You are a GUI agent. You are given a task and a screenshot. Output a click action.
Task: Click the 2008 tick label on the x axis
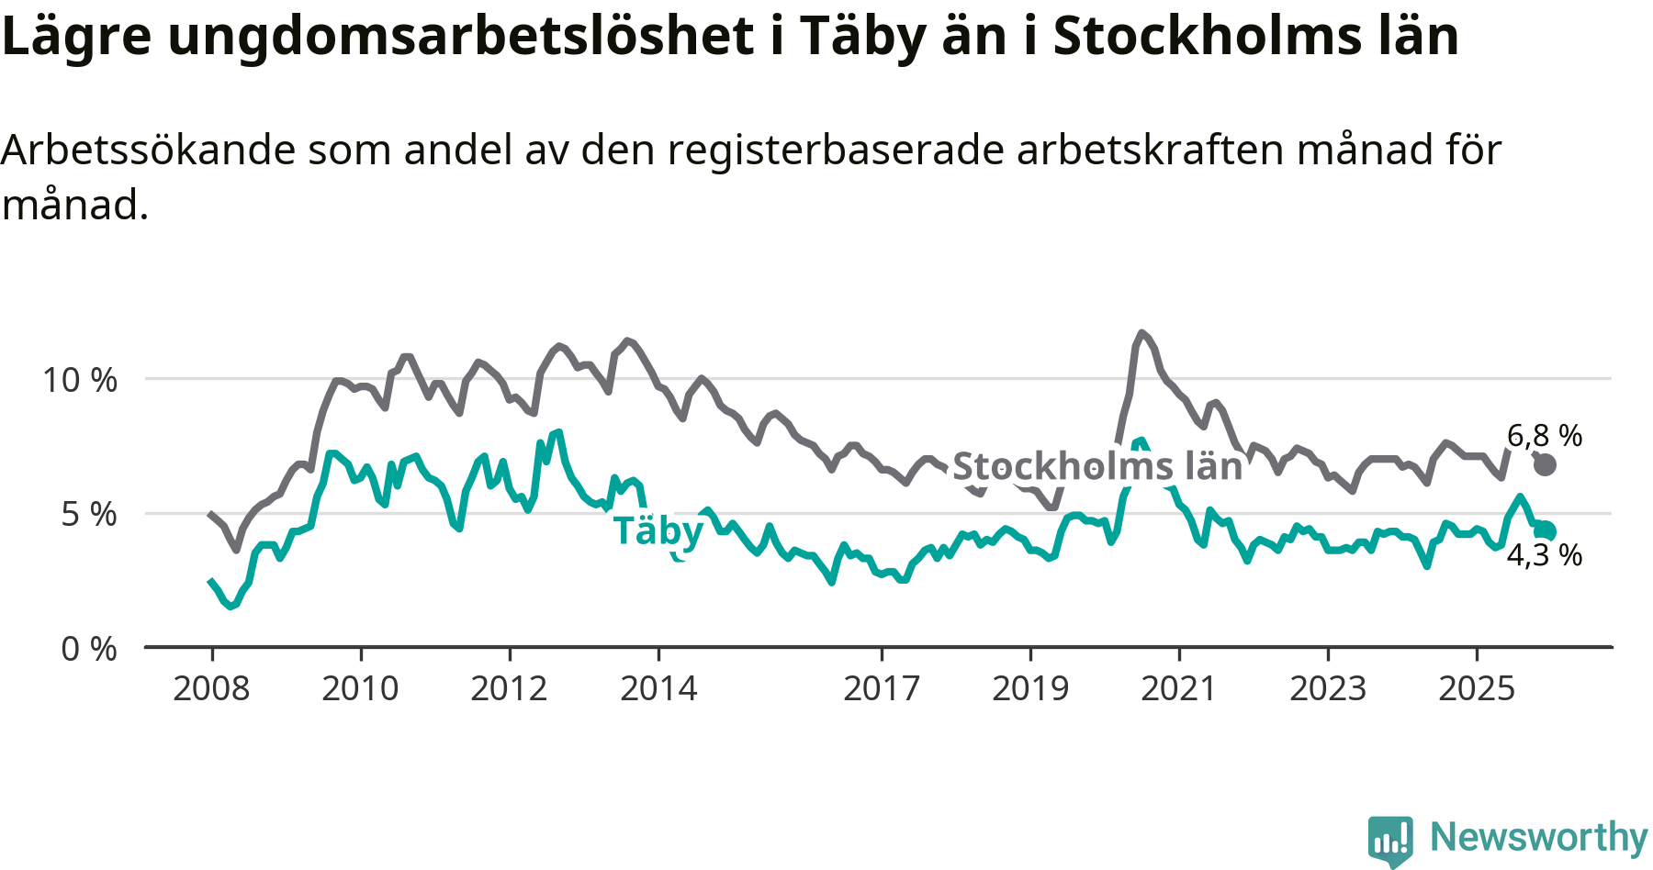(211, 688)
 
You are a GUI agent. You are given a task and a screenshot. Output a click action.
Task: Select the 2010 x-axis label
(360, 688)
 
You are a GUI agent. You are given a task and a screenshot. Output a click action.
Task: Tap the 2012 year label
(509, 688)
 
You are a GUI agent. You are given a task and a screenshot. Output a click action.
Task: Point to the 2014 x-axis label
(658, 688)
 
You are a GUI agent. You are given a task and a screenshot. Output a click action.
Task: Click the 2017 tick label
(882, 688)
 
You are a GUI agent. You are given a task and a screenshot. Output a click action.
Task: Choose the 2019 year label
(1030, 688)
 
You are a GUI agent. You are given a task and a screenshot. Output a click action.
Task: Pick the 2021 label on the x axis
(1178, 688)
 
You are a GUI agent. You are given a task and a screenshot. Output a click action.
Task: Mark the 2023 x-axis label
(1328, 688)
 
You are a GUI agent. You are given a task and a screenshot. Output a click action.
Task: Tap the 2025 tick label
(1477, 688)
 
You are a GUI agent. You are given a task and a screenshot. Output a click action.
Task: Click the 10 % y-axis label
(80, 380)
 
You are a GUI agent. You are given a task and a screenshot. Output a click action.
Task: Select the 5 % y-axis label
(89, 515)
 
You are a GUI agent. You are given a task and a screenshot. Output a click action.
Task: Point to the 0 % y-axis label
(89, 650)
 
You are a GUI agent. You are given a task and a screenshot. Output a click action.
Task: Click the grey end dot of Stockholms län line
(1546, 464)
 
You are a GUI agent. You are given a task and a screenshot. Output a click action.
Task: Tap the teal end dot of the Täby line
(1546, 530)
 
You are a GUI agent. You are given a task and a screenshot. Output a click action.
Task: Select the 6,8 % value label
(1545, 436)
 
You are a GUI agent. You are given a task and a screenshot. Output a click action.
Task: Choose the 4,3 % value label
(1545, 555)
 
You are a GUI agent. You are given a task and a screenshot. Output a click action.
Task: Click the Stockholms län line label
(1097, 467)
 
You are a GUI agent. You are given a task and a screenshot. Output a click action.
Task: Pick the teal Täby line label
(658, 531)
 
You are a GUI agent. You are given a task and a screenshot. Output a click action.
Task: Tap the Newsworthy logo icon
(1390, 840)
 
